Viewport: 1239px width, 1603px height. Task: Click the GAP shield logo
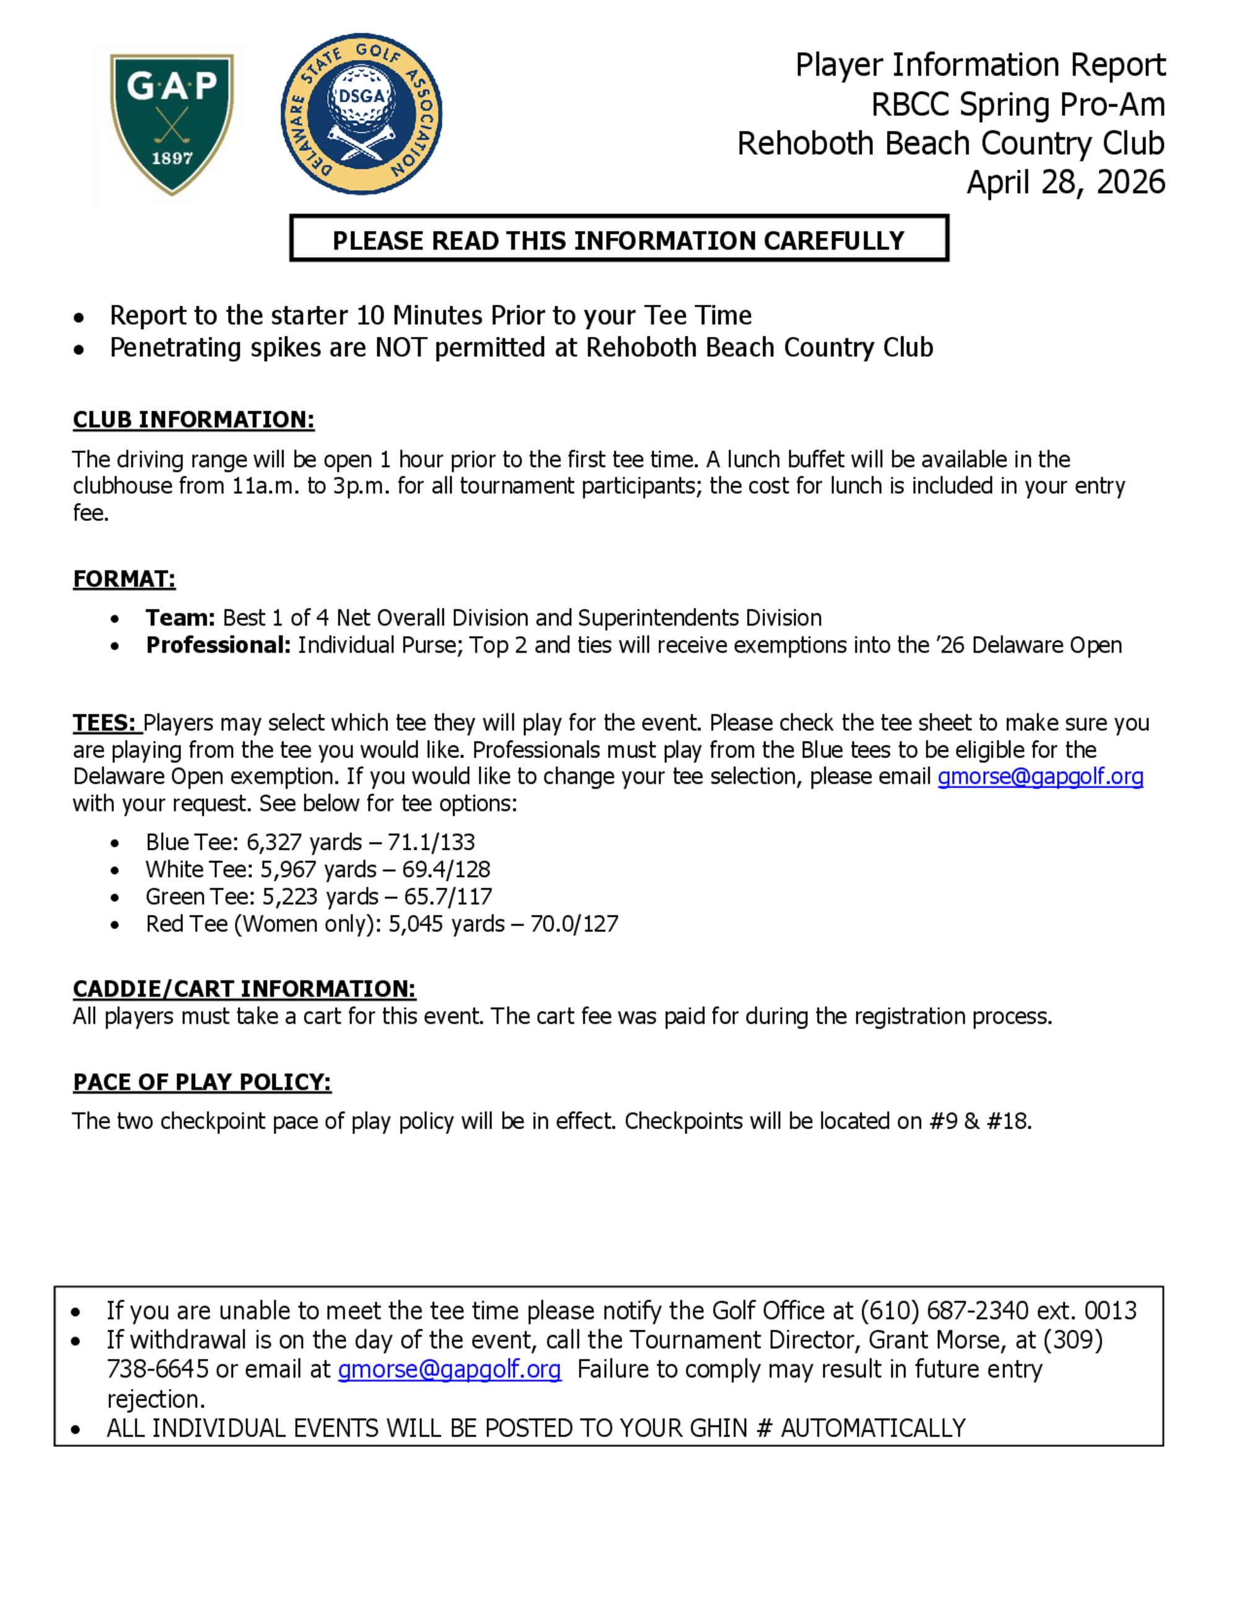tap(172, 123)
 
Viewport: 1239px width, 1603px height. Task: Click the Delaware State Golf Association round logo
tap(361, 114)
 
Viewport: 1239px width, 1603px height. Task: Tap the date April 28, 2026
tap(1065, 182)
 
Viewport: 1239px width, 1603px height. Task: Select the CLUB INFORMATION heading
tap(193, 420)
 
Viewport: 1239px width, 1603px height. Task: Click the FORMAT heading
tap(124, 579)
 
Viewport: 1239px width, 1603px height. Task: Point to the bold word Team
tap(179, 618)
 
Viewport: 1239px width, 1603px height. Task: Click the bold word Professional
tap(217, 645)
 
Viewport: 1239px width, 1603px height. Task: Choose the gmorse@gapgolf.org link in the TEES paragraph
tap(1040, 777)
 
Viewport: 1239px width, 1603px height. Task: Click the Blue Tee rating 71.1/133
tap(431, 842)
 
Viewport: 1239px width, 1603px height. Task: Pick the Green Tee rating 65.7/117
tap(448, 896)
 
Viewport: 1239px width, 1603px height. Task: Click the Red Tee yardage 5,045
tap(416, 924)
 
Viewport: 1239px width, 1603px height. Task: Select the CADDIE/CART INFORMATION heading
tap(243, 989)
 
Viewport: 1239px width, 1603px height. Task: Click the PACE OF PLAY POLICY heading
tap(202, 1082)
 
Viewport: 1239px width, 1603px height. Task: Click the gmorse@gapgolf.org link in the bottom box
tap(449, 1369)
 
